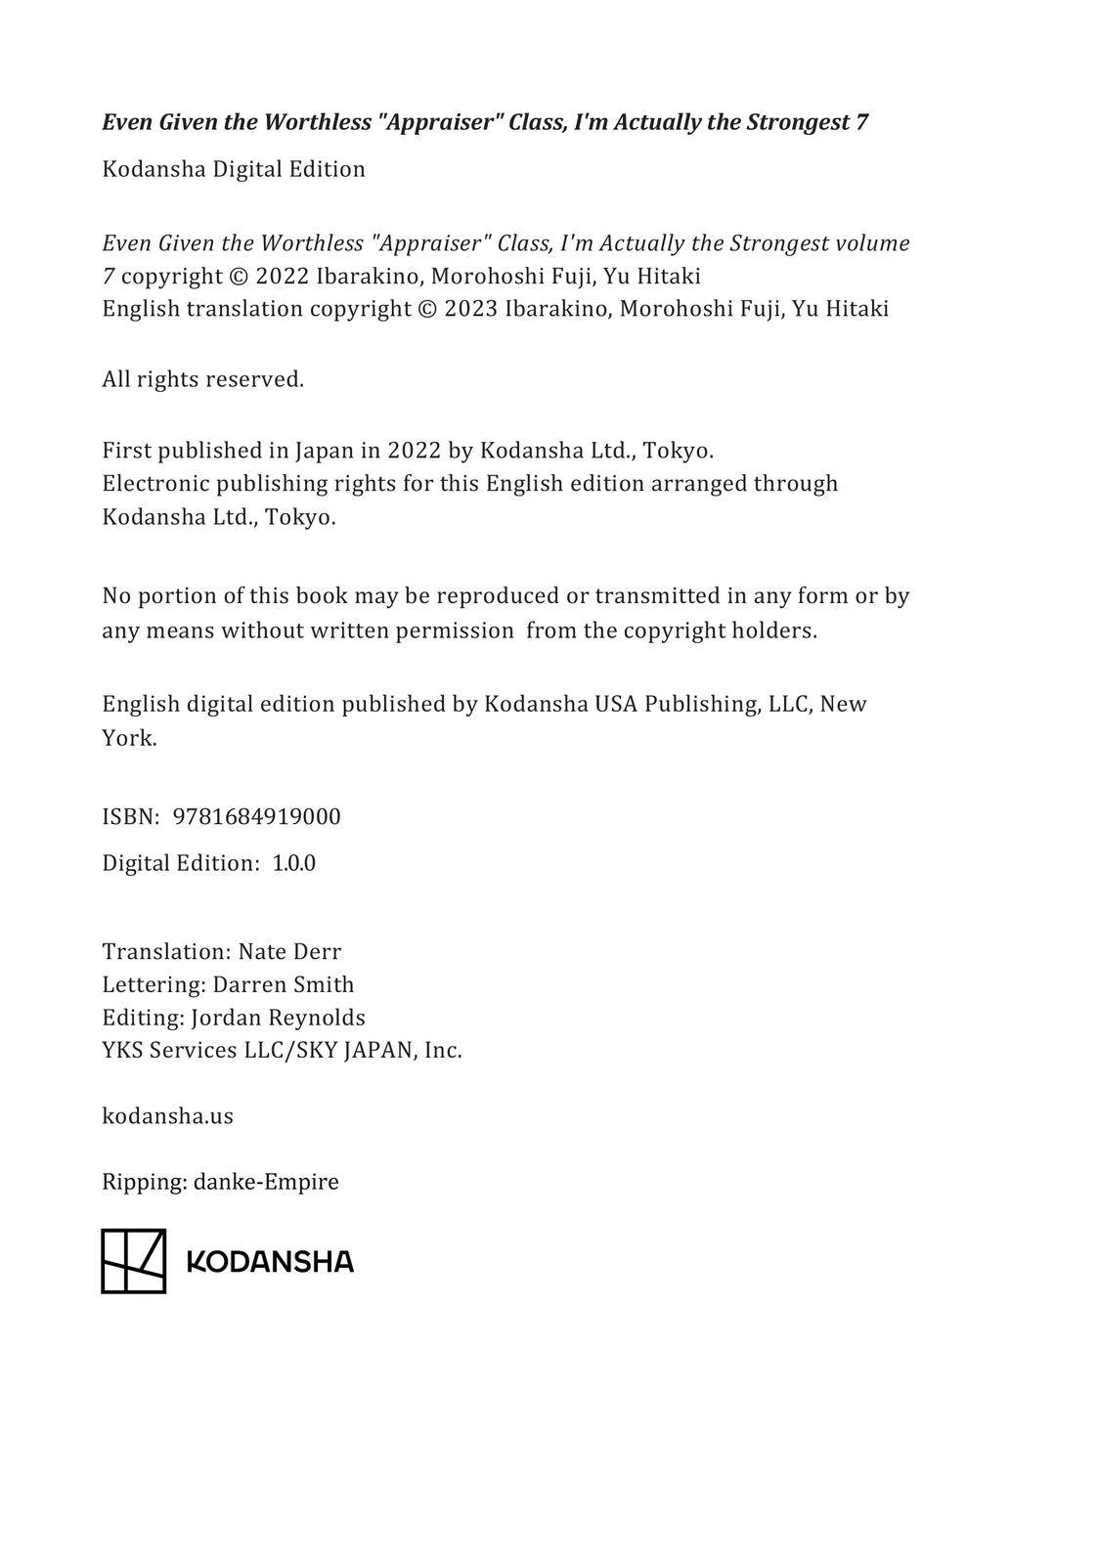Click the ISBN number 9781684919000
pyautogui.click(x=256, y=817)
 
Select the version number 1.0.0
pyautogui.click(x=293, y=863)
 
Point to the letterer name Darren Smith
pyautogui.click(x=284, y=984)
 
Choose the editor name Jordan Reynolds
pyautogui.click(x=278, y=1018)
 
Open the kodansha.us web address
pyautogui.click(x=167, y=1116)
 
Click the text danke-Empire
pyautogui.click(x=266, y=1182)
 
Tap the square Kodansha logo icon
pyautogui.click(x=133, y=1261)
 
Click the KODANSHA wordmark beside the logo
pyautogui.click(x=269, y=1262)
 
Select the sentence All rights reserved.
pyautogui.click(x=202, y=379)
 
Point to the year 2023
pyautogui.click(x=470, y=309)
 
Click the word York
pyautogui.click(x=128, y=738)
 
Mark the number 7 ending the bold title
pyautogui.click(x=861, y=122)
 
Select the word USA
pyautogui.click(x=616, y=704)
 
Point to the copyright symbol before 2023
pyautogui.click(x=427, y=309)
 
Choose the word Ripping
pyautogui.click(x=144, y=1182)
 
